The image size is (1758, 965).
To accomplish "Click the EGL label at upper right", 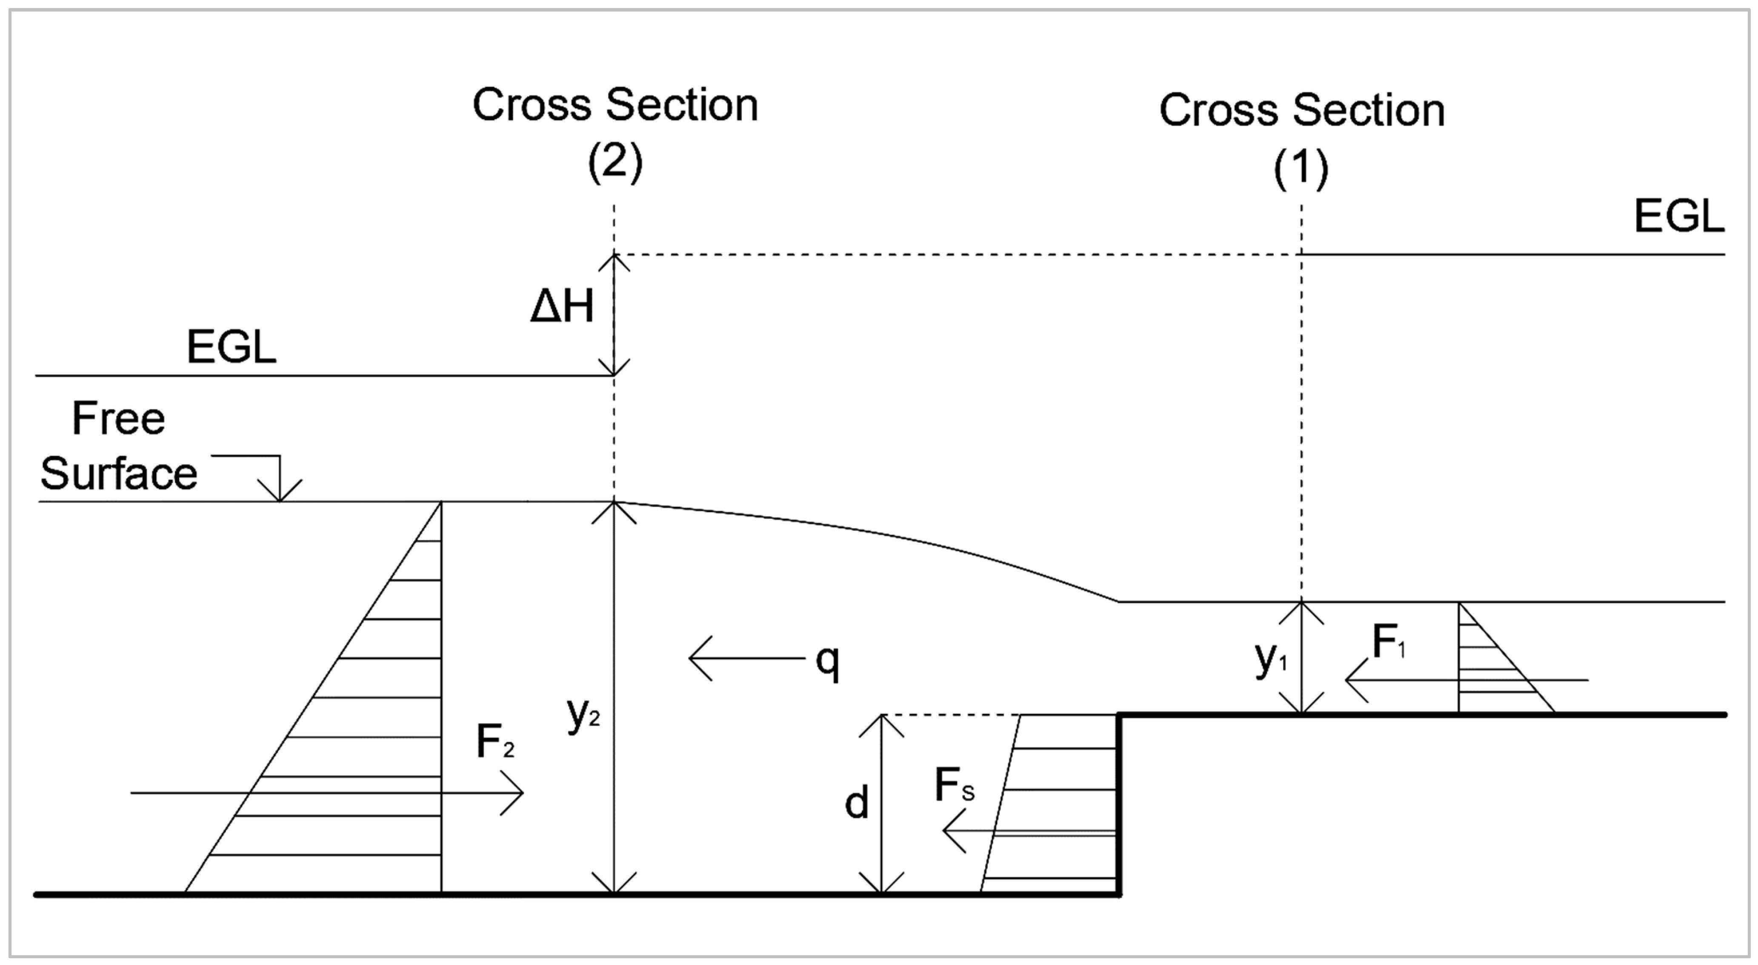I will point(1679,218).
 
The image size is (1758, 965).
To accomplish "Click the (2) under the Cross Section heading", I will point(615,164).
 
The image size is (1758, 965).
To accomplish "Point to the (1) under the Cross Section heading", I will point(1301,169).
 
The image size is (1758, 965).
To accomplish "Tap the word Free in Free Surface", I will point(118,418).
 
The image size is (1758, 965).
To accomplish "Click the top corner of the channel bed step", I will point(1118,715).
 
